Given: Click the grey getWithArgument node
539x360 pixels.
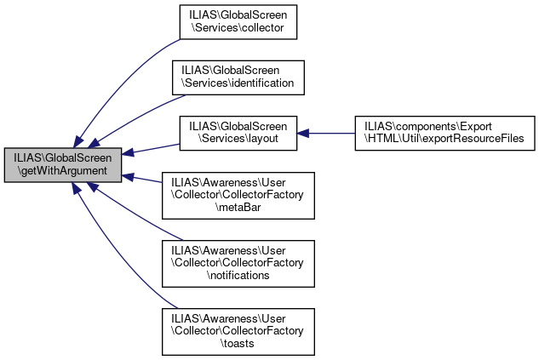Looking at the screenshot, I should (62, 164).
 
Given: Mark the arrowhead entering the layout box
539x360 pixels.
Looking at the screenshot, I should (301, 132).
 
